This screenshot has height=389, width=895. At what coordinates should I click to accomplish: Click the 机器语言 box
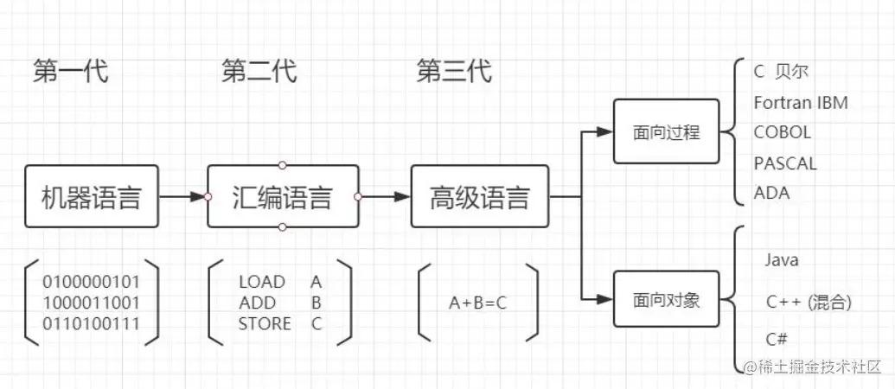92,197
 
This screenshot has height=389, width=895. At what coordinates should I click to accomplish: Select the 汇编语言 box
282,197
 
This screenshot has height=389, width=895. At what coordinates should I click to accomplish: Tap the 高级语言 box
479,197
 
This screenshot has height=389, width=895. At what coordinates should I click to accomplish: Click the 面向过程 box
666,132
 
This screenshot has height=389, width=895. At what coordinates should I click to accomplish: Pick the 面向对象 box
666,300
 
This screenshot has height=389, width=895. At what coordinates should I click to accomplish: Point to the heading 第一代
71,72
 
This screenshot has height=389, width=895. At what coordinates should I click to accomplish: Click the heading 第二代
259,72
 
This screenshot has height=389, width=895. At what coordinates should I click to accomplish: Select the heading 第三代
454,72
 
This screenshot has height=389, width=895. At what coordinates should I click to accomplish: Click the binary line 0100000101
91,282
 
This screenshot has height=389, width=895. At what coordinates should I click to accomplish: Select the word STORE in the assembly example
265,324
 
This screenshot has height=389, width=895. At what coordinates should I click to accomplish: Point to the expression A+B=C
478,303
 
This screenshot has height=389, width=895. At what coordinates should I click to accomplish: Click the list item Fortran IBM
801,103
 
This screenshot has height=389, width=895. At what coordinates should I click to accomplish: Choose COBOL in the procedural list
783,133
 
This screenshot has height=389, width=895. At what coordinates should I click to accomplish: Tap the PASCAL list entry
785,163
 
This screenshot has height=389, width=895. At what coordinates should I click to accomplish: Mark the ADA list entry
771,193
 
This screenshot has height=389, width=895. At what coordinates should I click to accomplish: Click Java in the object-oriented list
782,260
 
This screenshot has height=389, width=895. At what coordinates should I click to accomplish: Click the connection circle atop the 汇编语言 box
282,165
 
